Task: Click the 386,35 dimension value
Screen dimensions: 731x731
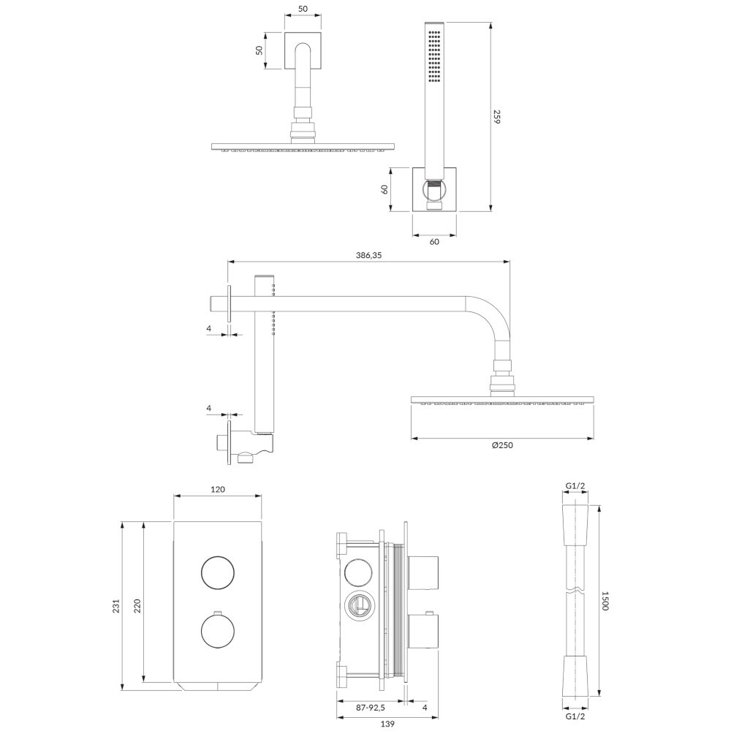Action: tap(368, 255)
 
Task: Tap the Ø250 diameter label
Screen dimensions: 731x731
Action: tap(502, 445)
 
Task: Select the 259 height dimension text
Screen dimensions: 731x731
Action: tap(496, 116)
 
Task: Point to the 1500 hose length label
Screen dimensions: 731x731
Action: tap(605, 600)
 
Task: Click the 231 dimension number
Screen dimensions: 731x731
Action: tap(116, 605)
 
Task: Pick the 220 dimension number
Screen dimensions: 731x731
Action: tap(137, 605)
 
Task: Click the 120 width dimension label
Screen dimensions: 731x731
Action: tap(218, 489)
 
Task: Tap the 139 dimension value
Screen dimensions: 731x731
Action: tap(387, 724)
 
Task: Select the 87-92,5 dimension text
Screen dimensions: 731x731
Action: tap(370, 708)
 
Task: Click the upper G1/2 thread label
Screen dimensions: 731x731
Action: tap(575, 486)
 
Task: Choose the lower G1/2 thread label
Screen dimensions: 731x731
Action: tap(575, 716)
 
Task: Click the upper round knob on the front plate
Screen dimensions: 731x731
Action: tap(218, 572)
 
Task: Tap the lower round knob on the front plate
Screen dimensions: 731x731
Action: tap(218, 632)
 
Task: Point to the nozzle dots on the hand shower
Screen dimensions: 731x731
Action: tap(435, 57)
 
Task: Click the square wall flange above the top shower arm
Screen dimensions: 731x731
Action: tap(303, 50)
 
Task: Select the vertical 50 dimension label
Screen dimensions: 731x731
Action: tap(260, 50)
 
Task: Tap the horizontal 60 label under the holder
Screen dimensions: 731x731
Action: tap(434, 241)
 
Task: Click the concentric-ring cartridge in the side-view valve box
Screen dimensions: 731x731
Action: tap(358, 606)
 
